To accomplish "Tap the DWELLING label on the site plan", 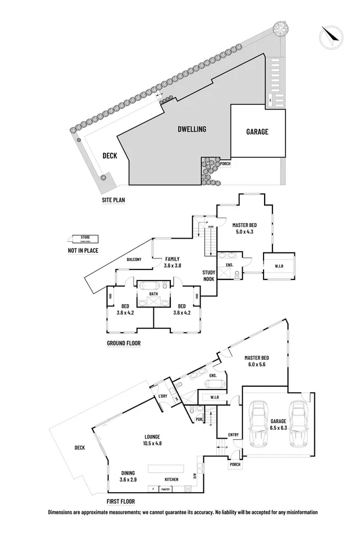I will click(191, 129).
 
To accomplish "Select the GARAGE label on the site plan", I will click(257, 132).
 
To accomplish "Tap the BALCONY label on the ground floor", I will click(135, 260).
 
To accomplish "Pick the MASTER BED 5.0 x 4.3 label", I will click(244, 228).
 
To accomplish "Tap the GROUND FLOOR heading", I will click(124, 343).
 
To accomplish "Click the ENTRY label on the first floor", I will click(233, 435).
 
